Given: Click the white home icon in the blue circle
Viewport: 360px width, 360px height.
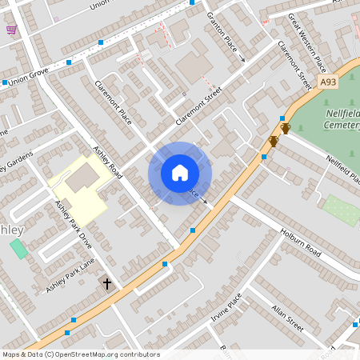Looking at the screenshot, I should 180,172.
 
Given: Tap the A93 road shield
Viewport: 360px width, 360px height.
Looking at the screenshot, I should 329,82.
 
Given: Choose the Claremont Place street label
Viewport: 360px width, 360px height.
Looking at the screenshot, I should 113,102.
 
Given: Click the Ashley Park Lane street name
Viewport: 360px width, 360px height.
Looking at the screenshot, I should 70,274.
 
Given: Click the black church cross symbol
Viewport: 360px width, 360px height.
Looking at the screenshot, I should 107,283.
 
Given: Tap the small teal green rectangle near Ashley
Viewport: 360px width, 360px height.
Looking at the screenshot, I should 18,248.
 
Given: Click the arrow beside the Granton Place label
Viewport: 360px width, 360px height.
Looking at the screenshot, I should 242,58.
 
